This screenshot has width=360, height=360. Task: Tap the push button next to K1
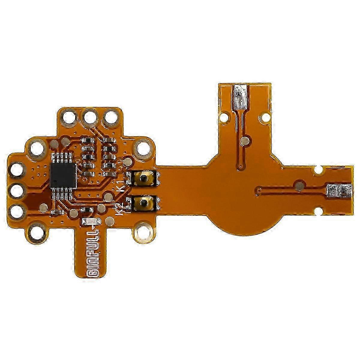coord(144,178)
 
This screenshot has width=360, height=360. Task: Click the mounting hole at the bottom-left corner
coord(37,232)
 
